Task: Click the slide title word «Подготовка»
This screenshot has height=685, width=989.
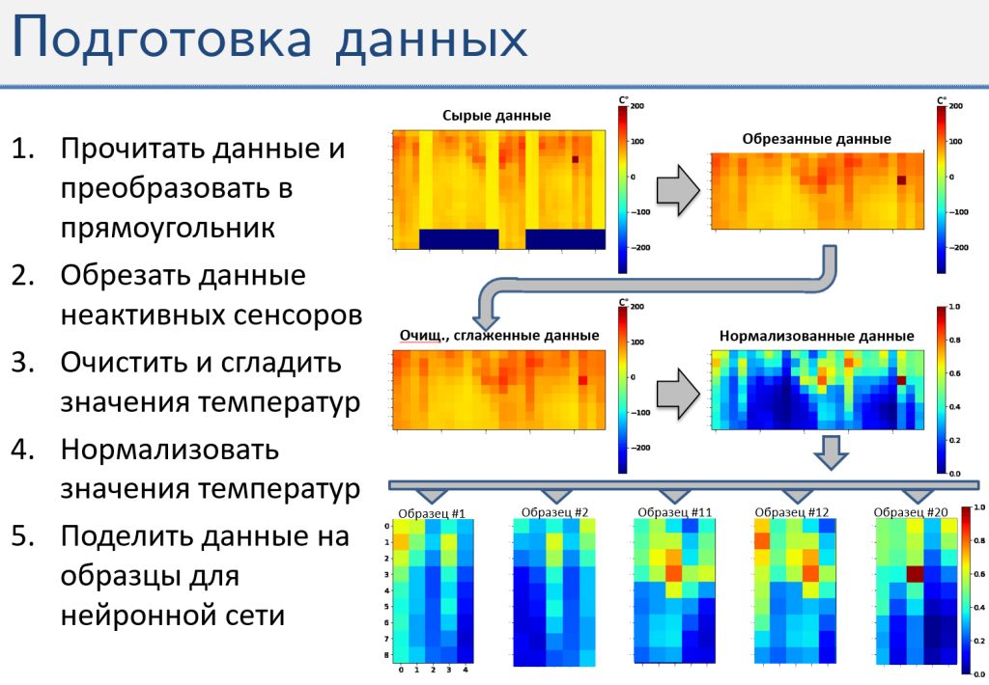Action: coord(162,38)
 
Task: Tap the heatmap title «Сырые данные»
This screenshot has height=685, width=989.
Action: coord(496,116)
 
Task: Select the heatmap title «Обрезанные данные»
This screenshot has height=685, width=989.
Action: coord(817,139)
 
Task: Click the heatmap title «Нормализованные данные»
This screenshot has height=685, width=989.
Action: coord(817,336)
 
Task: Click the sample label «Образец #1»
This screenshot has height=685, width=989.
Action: coord(432,513)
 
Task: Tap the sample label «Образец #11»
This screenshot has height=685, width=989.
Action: coord(675,512)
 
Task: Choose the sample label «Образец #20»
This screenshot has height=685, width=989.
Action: coord(912,512)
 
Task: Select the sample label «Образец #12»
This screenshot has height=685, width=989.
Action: coord(792,512)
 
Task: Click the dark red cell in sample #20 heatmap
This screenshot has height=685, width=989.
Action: coord(916,574)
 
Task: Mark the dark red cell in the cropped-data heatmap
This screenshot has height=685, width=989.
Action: coord(902,180)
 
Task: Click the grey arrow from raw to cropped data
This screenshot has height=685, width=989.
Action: coord(678,190)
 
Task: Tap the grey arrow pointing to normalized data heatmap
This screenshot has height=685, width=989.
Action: coord(678,394)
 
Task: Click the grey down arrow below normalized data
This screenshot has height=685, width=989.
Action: coord(831,452)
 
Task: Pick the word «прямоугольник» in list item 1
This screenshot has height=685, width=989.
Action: coord(168,228)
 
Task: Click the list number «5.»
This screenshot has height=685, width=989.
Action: coord(23,536)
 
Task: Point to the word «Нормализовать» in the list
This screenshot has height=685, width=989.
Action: coord(170,450)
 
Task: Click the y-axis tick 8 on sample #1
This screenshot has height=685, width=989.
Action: coord(387,655)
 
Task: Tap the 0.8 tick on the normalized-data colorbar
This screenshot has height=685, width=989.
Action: coord(955,341)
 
